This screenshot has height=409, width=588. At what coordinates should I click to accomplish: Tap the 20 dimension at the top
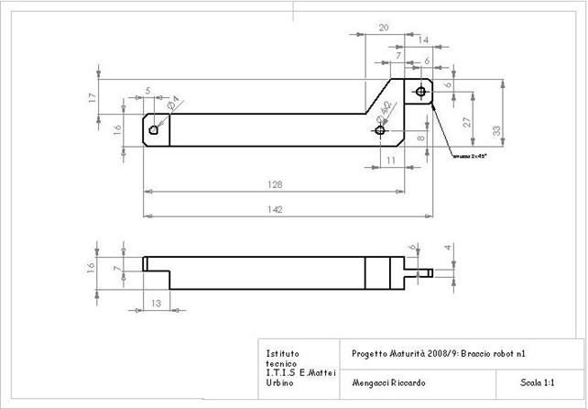[x=383, y=28]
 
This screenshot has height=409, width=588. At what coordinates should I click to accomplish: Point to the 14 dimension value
[x=422, y=40]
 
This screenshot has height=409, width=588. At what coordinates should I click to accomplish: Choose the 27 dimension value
[x=467, y=121]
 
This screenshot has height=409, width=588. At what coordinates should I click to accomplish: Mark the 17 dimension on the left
[x=93, y=96]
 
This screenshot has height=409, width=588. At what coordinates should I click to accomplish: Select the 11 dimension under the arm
[x=390, y=160]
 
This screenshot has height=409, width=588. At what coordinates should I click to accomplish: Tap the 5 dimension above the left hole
[x=148, y=90]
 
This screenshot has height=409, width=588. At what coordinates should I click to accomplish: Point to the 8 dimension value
[x=420, y=138]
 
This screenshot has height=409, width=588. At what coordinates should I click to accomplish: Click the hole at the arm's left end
[x=156, y=129]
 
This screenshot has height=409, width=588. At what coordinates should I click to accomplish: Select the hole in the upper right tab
[x=420, y=92]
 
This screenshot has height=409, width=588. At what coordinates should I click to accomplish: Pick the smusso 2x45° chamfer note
[x=469, y=157]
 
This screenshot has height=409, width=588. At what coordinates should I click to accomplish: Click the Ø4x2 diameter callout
[x=387, y=112]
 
